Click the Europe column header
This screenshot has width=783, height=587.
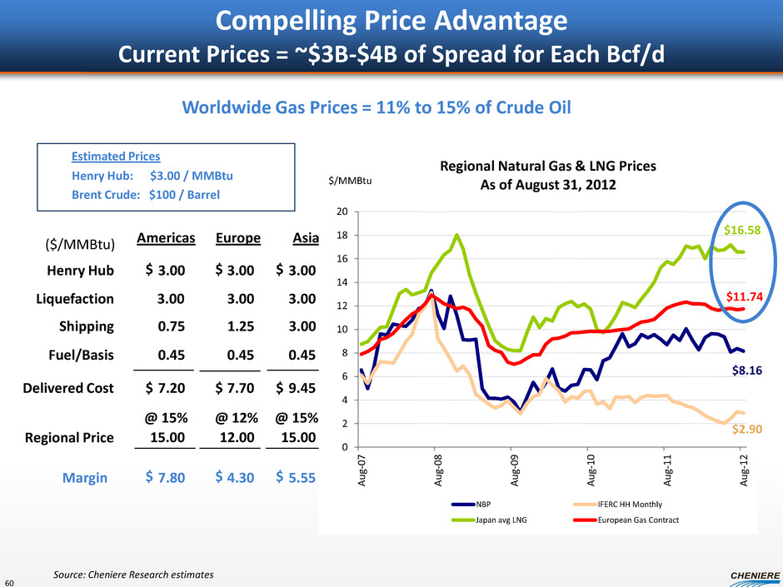(x=238, y=237)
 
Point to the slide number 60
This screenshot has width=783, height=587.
(x=8, y=581)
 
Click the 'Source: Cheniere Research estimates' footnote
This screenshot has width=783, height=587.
(x=133, y=575)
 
